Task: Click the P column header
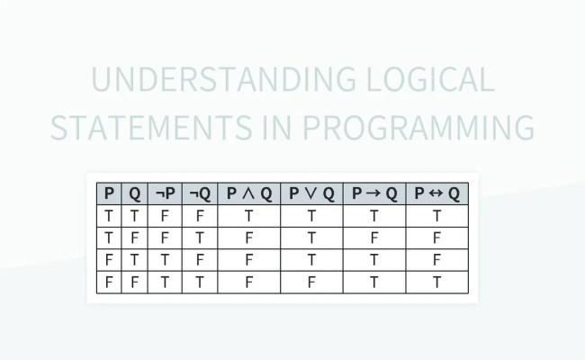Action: (x=109, y=193)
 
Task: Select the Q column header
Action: (x=135, y=193)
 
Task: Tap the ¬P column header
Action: (x=166, y=193)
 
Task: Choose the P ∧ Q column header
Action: (x=248, y=193)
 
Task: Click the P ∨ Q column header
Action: (x=311, y=193)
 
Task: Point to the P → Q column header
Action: (x=374, y=193)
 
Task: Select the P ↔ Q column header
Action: (x=437, y=193)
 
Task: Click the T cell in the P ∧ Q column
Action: (x=248, y=216)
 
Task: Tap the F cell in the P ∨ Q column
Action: (x=311, y=282)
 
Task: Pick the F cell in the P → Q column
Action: (x=374, y=238)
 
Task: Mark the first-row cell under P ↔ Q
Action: (x=437, y=216)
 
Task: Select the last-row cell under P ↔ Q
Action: (x=437, y=282)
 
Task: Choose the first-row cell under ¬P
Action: (x=166, y=216)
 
